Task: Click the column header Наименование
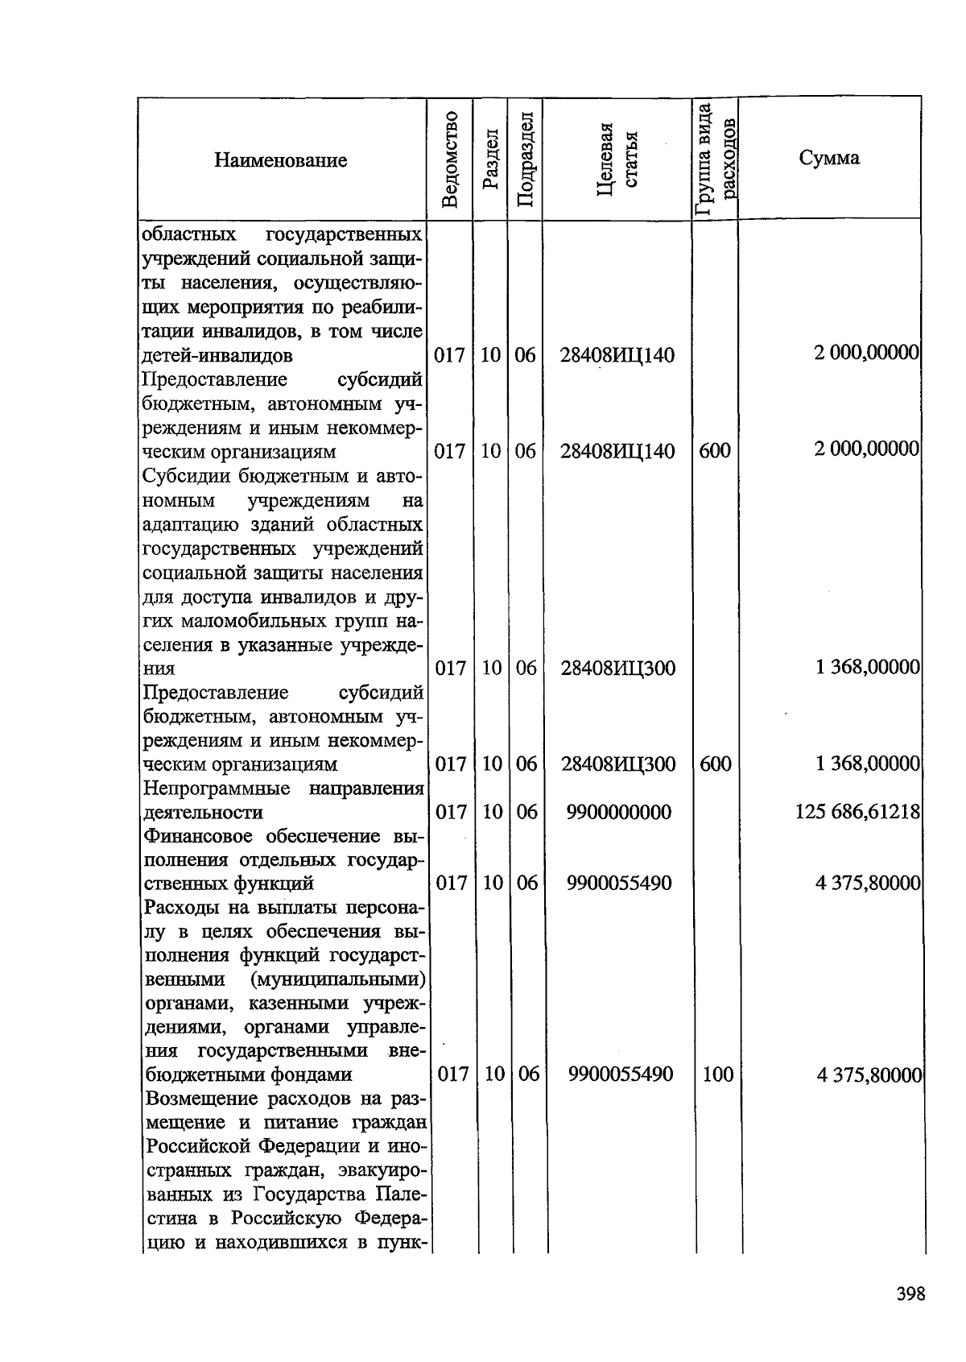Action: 280,160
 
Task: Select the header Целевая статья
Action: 617,159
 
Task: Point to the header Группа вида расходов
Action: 715,159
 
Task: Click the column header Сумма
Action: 829,158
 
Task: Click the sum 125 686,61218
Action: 857,812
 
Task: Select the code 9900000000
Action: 618,813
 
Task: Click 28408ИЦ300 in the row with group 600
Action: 618,764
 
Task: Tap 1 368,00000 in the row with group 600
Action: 868,764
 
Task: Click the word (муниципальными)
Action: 336,980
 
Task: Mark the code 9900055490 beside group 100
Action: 620,1074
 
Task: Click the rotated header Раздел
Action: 490,159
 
